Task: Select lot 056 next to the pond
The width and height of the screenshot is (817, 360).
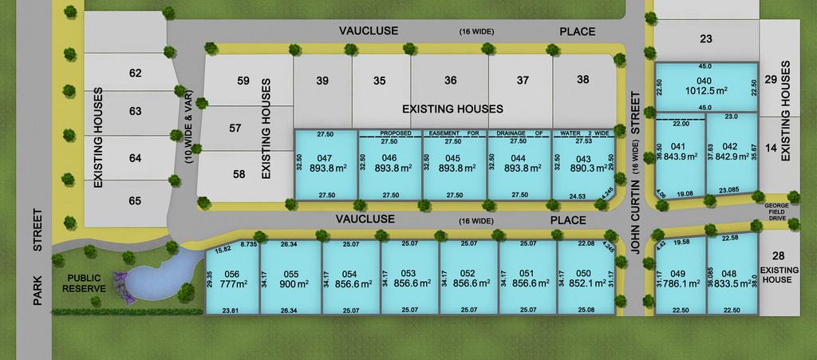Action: [x=233, y=277]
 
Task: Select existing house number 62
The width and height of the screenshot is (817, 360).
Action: [x=135, y=73]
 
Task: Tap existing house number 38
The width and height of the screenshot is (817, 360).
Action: [x=583, y=79]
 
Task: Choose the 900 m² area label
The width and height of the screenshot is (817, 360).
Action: [x=291, y=283]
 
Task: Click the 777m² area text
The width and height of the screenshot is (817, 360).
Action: [x=234, y=283]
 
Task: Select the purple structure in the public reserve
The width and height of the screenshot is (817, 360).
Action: [x=122, y=282]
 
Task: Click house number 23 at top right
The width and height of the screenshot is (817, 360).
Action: [x=705, y=38]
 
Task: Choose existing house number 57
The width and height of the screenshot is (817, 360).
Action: [x=235, y=128]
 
